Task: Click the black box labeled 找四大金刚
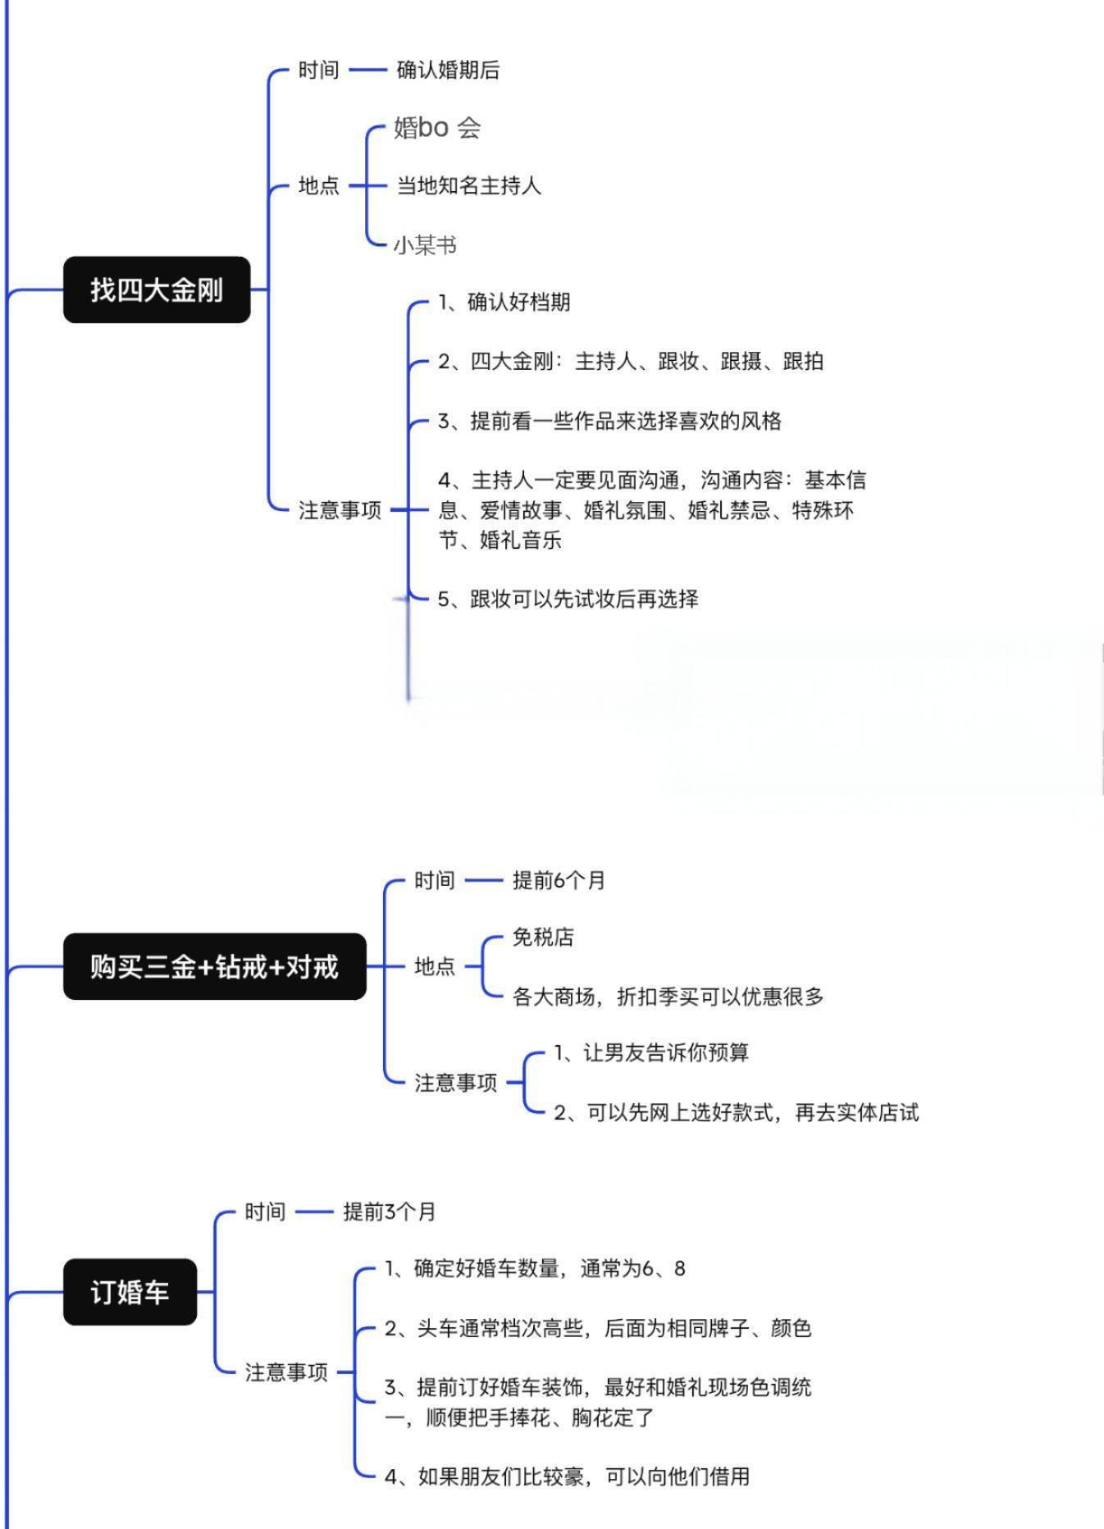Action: click(157, 290)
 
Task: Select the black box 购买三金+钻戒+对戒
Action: click(215, 966)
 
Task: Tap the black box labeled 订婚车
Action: click(130, 1292)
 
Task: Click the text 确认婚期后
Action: click(448, 70)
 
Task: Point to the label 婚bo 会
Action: click(437, 127)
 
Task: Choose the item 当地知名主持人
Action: click(469, 185)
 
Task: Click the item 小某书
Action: click(425, 245)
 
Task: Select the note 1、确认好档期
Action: click(504, 302)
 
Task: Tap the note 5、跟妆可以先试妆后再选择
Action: click(568, 599)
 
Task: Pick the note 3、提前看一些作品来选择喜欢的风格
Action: click(609, 421)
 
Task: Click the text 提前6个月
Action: click(559, 880)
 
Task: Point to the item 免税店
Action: click(543, 937)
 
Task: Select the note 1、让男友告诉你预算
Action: click(651, 1052)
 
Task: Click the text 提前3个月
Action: click(390, 1212)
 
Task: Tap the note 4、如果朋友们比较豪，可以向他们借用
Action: click(567, 1477)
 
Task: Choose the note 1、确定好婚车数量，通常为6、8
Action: click(535, 1269)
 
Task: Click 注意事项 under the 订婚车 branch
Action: click(286, 1372)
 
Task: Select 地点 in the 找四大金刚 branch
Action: click(318, 185)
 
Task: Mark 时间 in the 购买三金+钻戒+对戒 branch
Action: click(434, 880)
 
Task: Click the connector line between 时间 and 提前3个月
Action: click(314, 1212)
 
